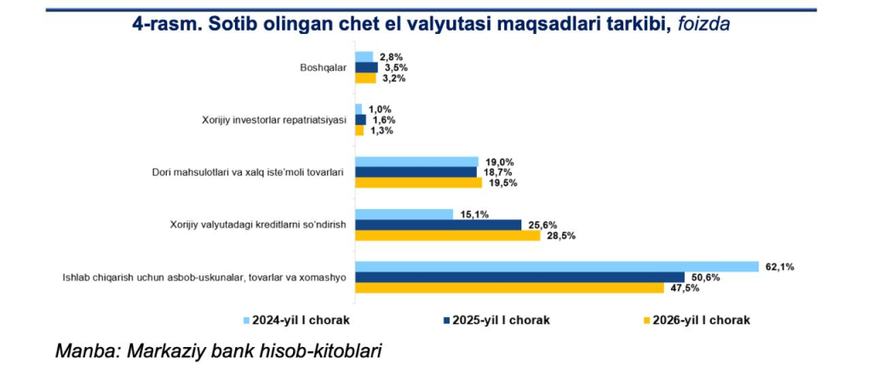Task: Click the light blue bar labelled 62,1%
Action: [556, 266]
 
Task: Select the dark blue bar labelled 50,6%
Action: [519, 277]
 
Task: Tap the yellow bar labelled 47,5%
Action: [509, 288]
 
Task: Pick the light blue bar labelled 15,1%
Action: [404, 214]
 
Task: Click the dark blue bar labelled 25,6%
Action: [438, 225]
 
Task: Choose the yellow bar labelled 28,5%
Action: [447, 236]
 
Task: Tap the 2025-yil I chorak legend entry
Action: [495, 320]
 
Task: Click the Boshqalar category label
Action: [324, 68]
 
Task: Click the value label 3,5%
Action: [393, 67]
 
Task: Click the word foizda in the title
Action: [704, 25]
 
